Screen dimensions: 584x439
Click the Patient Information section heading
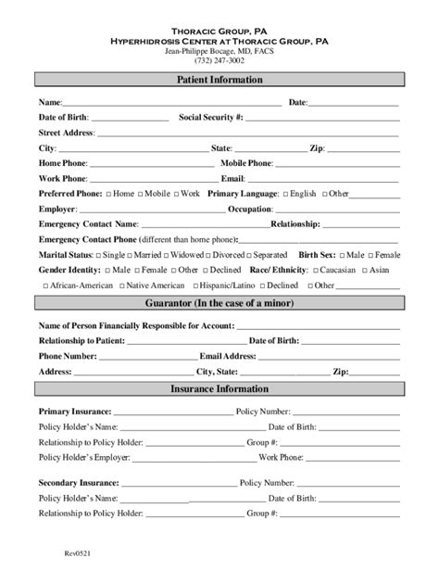pos(219,80)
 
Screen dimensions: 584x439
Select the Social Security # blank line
pos(322,118)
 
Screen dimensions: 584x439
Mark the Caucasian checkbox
pos(316,270)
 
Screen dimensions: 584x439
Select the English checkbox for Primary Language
pos(285,194)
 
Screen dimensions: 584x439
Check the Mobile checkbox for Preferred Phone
pos(142,194)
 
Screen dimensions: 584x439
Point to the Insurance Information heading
pos(219,389)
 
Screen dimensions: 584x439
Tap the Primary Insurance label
pos(75,411)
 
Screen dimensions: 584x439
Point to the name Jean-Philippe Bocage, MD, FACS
pos(219,51)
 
